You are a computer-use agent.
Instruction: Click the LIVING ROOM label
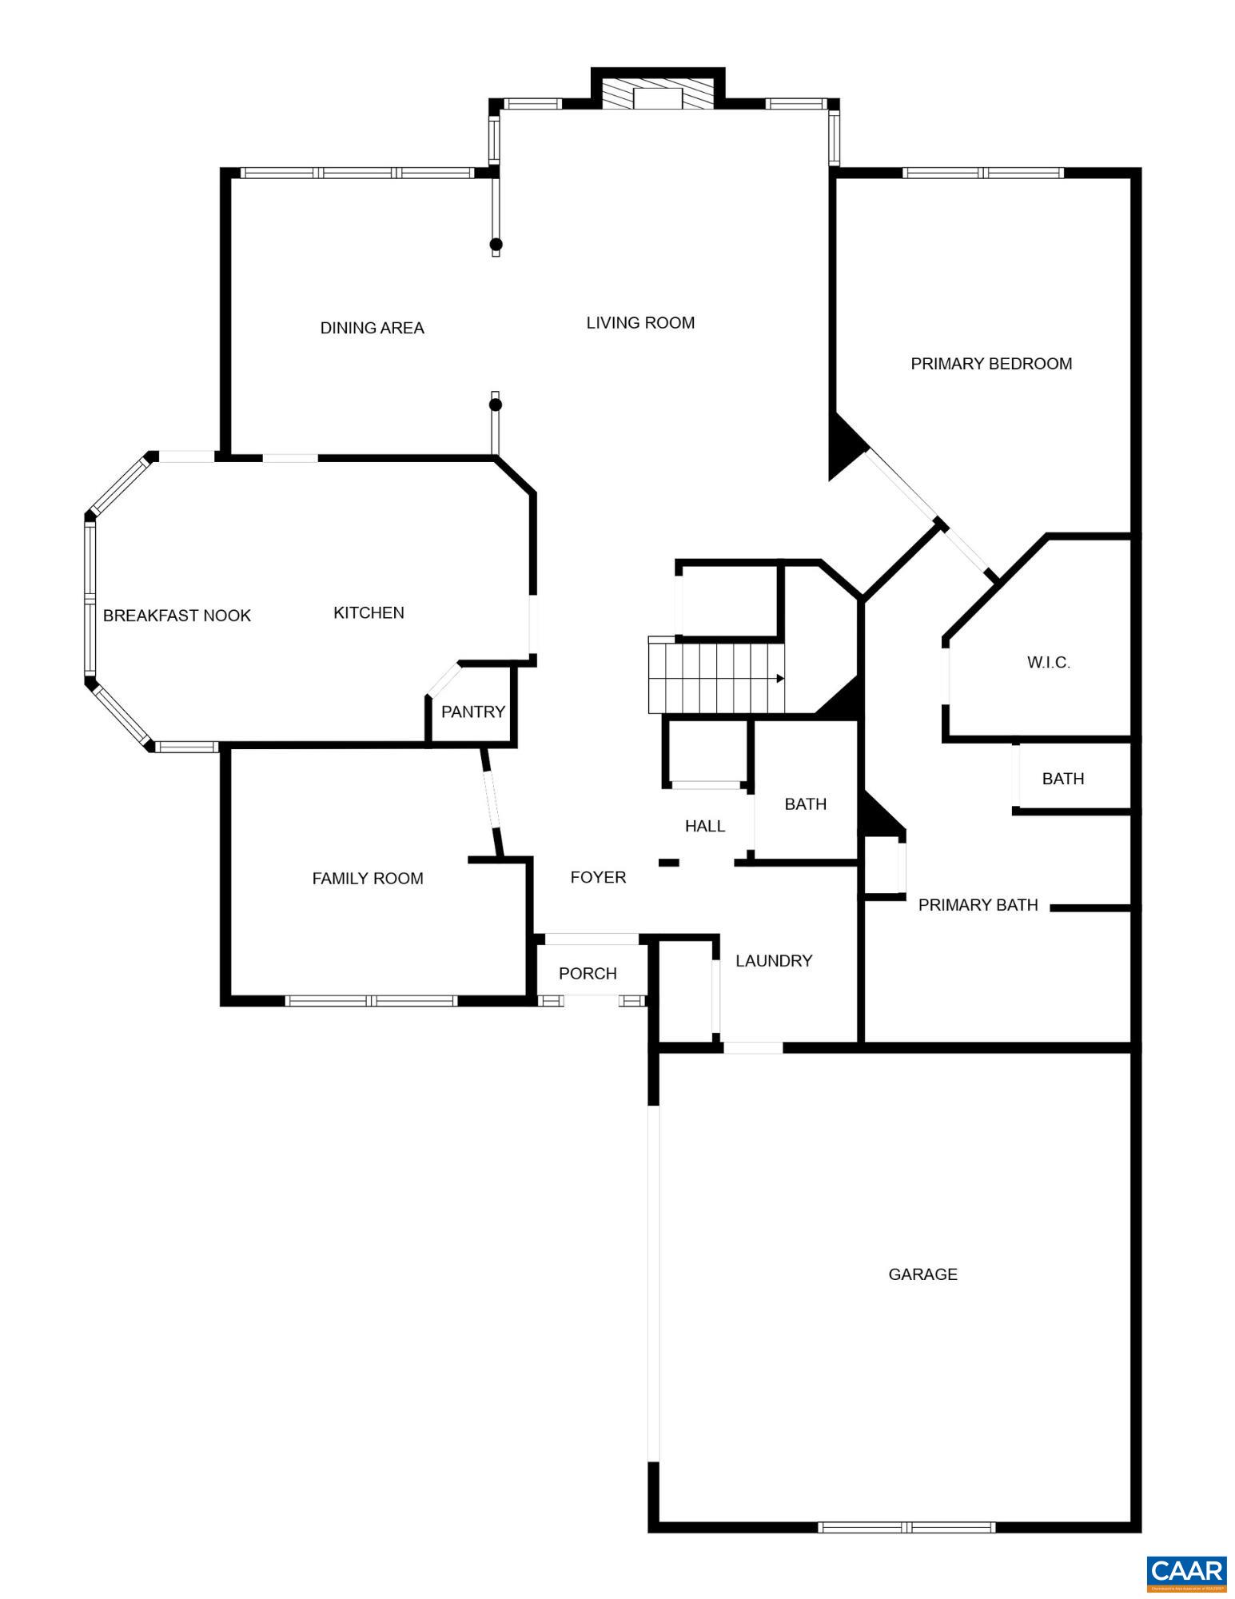[640, 323]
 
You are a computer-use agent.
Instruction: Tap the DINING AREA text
[372, 328]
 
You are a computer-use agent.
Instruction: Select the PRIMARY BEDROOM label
[991, 364]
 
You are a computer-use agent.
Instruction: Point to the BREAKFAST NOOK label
[177, 616]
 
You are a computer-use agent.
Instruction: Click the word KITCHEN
[369, 613]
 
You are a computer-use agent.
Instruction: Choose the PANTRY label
[473, 712]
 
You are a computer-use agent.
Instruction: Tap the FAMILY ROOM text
[368, 879]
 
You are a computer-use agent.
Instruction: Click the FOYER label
[598, 878]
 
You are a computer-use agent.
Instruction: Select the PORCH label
[588, 974]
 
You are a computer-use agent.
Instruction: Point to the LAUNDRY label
[774, 961]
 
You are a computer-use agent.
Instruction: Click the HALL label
[705, 827]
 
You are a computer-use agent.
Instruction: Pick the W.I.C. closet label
[1048, 663]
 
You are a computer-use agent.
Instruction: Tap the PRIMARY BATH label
[978, 905]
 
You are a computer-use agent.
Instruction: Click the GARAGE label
[922, 1274]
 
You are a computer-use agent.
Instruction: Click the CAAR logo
[1186, 1572]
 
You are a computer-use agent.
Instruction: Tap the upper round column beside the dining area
[496, 244]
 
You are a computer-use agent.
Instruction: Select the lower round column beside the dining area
[496, 405]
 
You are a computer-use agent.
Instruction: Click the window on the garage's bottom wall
[906, 1527]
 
